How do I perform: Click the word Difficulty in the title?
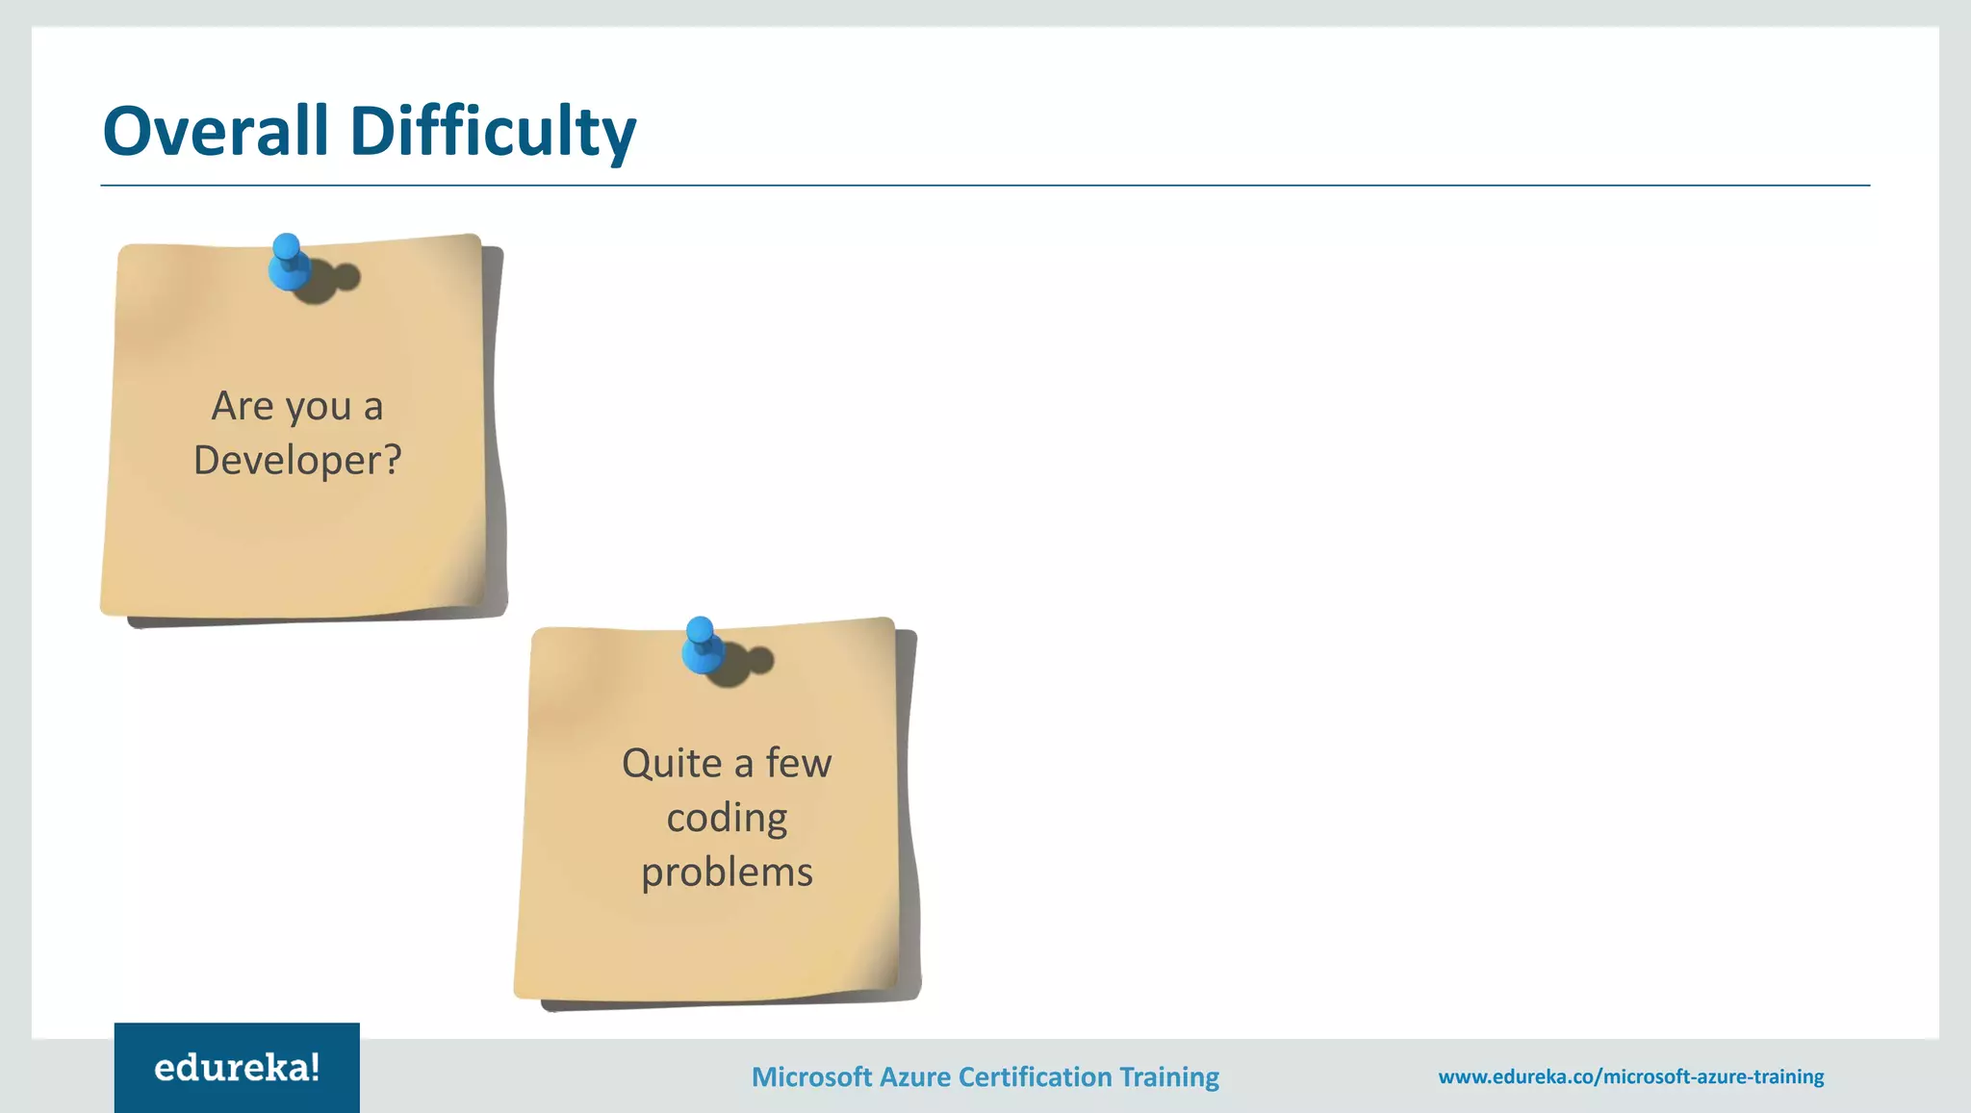(492, 133)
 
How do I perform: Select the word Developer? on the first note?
(297, 461)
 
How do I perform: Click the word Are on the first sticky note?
(243, 406)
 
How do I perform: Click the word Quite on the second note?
(672, 764)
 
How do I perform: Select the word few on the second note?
(799, 763)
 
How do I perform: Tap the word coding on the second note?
(727, 819)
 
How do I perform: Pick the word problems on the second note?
(727, 873)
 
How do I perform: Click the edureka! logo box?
(237, 1068)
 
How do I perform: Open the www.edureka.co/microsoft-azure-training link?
(1630, 1076)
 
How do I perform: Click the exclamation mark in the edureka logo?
(314, 1066)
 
